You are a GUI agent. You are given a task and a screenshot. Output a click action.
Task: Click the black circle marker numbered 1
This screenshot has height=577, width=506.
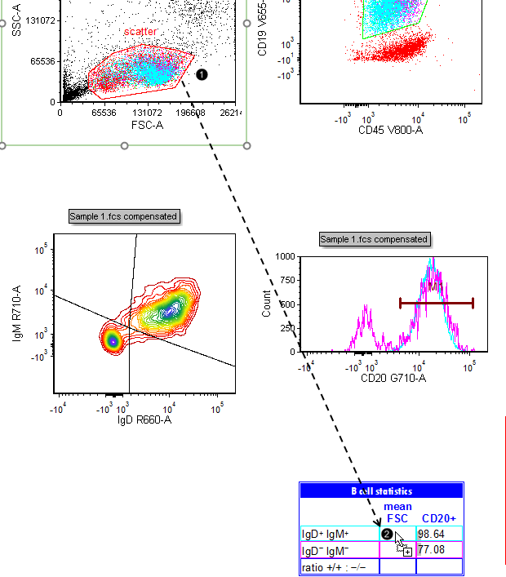(x=202, y=74)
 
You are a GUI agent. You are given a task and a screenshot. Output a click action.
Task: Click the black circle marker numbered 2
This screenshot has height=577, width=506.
(x=388, y=535)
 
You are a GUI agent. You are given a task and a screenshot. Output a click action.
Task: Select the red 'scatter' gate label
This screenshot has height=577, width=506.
(x=140, y=32)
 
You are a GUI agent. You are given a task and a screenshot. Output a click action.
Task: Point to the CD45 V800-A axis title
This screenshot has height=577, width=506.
(x=390, y=129)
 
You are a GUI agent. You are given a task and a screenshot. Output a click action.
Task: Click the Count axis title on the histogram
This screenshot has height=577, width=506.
(x=267, y=303)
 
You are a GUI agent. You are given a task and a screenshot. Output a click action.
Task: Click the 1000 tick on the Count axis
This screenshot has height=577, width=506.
(x=284, y=256)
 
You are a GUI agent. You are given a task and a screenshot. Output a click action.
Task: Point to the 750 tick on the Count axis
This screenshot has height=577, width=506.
(x=286, y=280)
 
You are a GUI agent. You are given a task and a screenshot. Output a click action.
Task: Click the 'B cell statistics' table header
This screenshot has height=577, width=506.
(x=381, y=491)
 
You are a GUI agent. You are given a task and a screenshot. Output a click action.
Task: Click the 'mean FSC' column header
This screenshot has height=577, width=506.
(x=397, y=513)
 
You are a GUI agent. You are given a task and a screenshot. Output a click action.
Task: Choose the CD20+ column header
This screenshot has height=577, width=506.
(x=438, y=518)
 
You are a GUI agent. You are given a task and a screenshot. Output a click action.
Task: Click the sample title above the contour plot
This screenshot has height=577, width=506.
(x=124, y=216)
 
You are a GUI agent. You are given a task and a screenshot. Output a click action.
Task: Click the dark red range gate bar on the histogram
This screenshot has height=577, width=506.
(x=436, y=303)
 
